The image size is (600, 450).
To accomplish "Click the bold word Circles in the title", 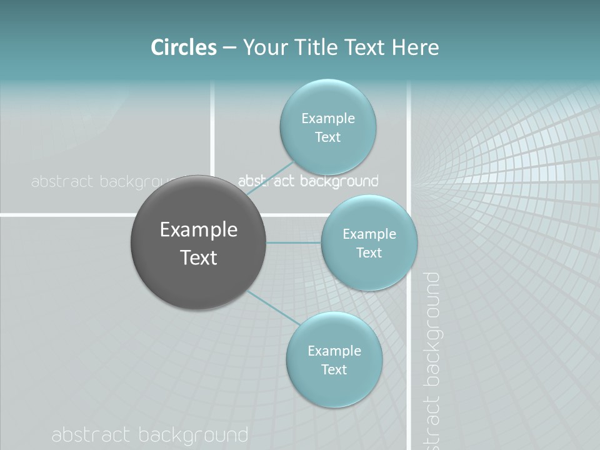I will pyautogui.click(x=183, y=47).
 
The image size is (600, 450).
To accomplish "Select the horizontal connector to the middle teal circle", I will pyautogui.click(x=294, y=242).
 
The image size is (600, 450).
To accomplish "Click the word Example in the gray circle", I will pyautogui.click(x=199, y=230).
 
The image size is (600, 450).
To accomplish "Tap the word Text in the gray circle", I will pyautogui.click(x=199, y=257).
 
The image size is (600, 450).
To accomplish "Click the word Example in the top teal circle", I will pyautogui.click(x=328, y=118).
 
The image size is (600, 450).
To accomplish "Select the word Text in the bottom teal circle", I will pyautogui.click(x=334, y=369).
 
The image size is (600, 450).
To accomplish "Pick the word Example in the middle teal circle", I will pyautogui.click(x=369, y=234).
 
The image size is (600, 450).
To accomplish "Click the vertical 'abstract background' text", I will pyautogui.click(x=432, y=359).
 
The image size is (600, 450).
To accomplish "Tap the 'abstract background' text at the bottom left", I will pyautogui.click(x=150, y=435).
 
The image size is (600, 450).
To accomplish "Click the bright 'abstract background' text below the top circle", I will pyautogui.click(x=309, y=182).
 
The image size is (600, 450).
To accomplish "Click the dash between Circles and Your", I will pyautogui.click(x=229, y=48).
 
